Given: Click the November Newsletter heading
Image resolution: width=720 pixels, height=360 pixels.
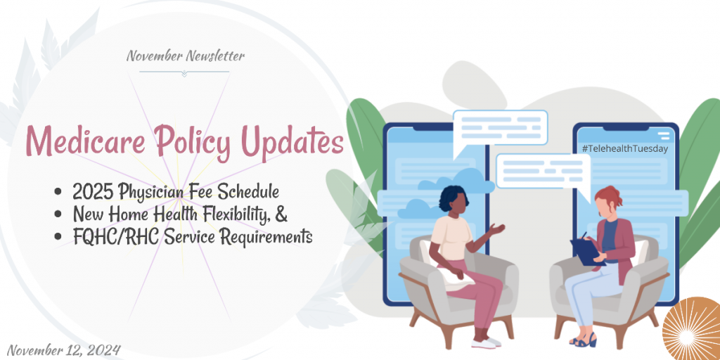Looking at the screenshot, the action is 186,56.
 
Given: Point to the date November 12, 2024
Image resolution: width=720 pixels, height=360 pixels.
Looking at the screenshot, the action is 63,350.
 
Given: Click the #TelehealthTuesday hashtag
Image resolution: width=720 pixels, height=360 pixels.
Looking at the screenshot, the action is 624,148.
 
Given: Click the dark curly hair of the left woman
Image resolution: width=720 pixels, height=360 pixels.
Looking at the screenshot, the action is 453,198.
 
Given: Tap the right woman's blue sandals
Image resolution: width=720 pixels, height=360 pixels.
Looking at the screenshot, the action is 583,340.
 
